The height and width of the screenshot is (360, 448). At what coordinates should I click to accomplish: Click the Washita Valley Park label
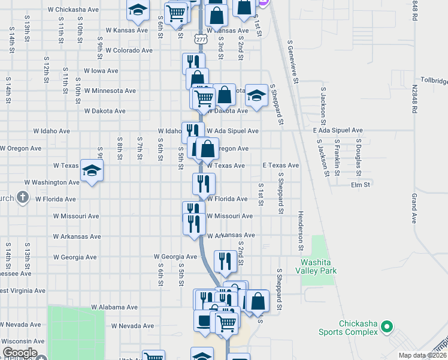click(319, 266)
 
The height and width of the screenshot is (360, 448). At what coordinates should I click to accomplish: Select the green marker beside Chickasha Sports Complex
click(387, 328)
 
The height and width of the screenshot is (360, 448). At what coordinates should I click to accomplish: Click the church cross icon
click(22, 197)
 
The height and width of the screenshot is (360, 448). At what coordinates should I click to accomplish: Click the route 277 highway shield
click(199, 39)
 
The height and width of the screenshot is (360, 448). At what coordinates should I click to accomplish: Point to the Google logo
click(19, 353)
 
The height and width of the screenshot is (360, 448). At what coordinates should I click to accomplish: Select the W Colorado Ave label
click(128, 50)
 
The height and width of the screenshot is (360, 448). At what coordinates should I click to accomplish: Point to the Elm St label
click(361, 185)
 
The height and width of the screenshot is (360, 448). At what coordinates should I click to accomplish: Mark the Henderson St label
click(300, 232)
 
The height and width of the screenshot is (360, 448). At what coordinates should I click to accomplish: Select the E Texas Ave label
click(280, 166)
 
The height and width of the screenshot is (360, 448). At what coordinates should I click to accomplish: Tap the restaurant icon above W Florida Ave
click(204, 182)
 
